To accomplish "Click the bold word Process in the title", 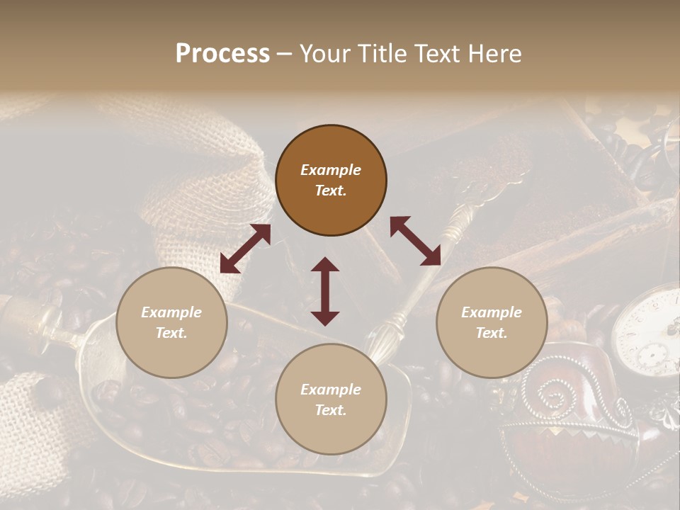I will (x=222, y=54).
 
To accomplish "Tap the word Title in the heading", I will (x=382, y=54).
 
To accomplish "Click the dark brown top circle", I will (x=331, y=181).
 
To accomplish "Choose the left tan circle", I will (x=171, y=322).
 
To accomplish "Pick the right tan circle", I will (x=492, y=322).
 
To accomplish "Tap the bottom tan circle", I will (x=331, y=399).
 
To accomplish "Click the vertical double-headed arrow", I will (x=325, y=291).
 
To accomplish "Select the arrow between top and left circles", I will (x=245, y=249).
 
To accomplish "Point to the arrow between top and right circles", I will (x=416, y=241).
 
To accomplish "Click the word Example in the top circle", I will (x=331, y=170).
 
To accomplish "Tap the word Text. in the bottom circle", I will (x=331, y=410).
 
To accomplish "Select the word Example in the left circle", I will (x=171, y=312).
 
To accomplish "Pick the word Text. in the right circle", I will (x=492, y=333).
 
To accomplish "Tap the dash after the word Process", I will (x=284, y=54).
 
